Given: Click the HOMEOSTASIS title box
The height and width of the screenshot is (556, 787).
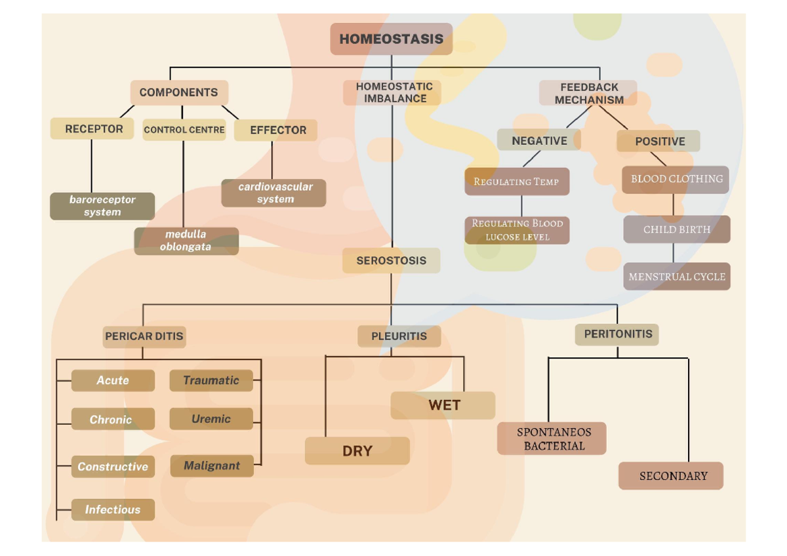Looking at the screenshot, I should pyautogui.click(x=391, y=39).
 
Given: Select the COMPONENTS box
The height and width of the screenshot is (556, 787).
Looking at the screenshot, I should pyautogui.click(x=178, y=92).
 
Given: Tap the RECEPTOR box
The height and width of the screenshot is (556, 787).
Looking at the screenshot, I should pyautogui.click(x=92, y=129).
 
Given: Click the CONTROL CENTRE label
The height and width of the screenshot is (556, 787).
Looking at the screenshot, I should pyautogui.click(x=184, y=130).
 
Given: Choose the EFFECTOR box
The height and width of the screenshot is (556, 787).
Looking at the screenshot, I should pyautogui.click(x=277, y=130).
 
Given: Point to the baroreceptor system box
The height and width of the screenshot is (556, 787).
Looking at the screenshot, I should pyautogui.click(x=102, y=206).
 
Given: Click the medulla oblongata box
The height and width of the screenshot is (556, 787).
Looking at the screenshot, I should pyautogui.click(x=186, y=241).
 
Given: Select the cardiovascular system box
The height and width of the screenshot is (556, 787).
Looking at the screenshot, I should pyautogui.click(x=274, y=193).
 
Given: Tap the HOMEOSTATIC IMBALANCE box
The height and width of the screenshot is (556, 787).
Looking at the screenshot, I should pyautogui.click(x=392, y=92).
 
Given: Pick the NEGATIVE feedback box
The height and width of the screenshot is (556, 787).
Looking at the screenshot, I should pyautogui.click(x=538, y=140).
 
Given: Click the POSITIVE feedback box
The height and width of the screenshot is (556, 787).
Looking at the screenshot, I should pyautogui.click(x=658, y=141).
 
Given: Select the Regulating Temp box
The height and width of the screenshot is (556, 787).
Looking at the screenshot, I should pyautogui.click(x=516, y=182).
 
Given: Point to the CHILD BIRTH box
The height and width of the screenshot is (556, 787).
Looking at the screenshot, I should pyautogui.click(x=676, y=229).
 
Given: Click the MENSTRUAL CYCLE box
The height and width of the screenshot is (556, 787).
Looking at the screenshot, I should pyautogui.click(x=676, y=277).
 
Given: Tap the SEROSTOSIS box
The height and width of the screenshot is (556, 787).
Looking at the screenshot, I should pyautogui.click(x=391, y=260).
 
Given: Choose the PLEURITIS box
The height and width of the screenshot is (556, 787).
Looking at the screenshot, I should pyautogui.click(x=398, y=336).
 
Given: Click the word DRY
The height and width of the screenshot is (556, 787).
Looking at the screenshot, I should pyautogui.click(x=357, y=451).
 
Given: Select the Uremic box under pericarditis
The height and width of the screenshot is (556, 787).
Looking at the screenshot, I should pyautogui.click(x=211, y=419).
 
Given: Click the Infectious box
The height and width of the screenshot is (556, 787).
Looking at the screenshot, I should pyautogui.click(x=113, y=509).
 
